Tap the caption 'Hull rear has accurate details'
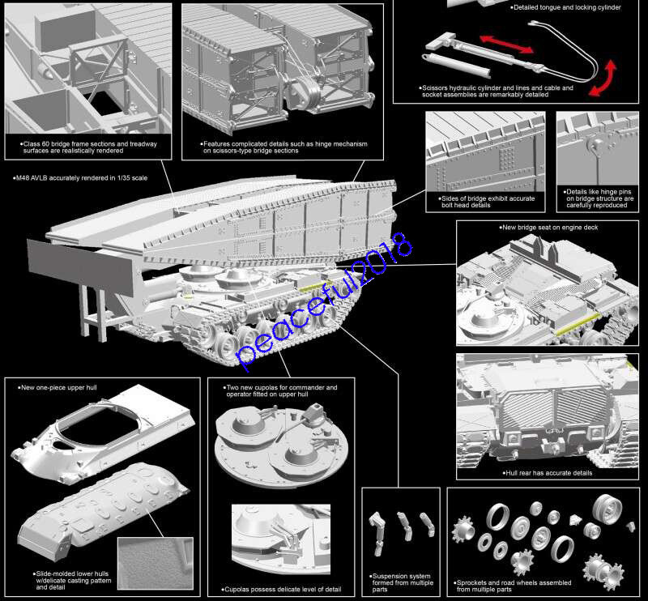tap(547, 472)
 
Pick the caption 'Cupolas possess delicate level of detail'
tap(279, 589)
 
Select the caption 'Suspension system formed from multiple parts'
tap(401, 581)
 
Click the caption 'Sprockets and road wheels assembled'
tap(518, 581)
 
